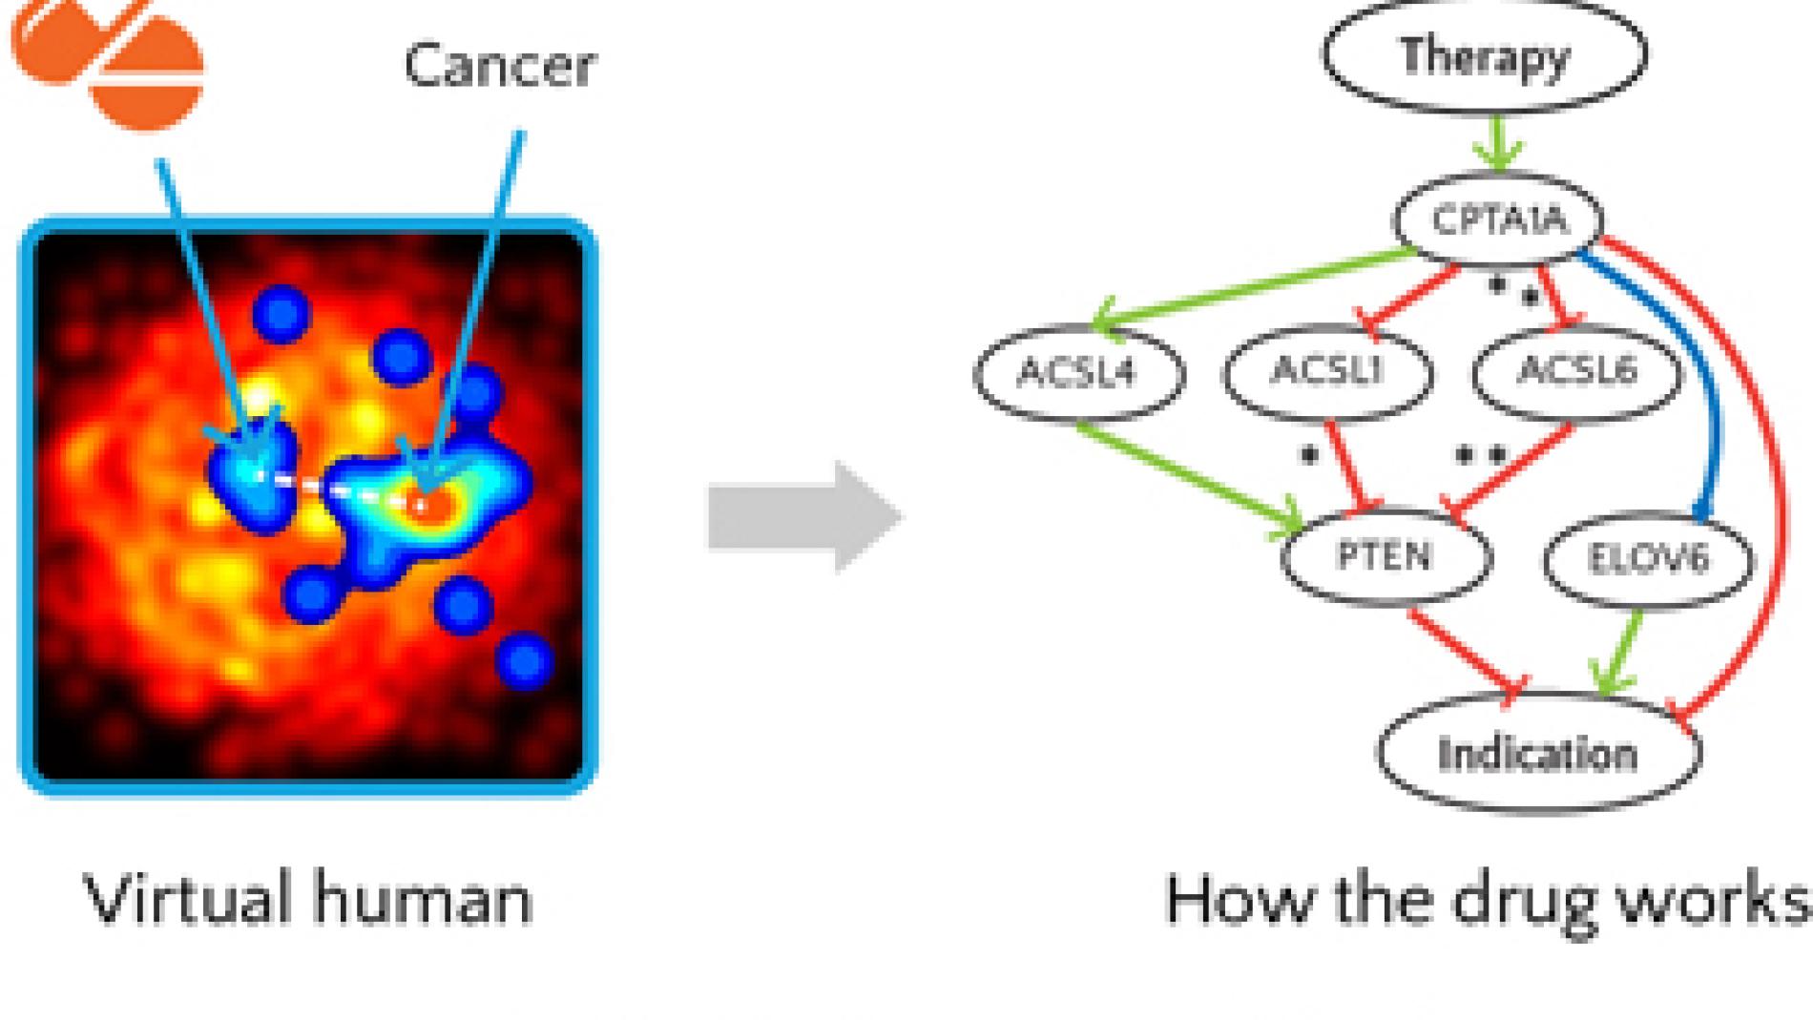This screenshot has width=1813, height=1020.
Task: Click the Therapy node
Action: [x=1484, y=55]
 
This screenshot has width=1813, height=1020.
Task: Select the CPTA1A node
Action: [x=1499, y=220]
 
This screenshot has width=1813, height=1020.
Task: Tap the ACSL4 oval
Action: [x=1078, y=372]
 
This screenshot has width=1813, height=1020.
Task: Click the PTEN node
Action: [x=1385, y=556]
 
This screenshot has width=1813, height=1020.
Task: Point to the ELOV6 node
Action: [x=1648, y=559]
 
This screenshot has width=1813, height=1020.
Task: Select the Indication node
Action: [x=1537, y=754]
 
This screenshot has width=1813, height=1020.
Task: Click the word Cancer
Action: [x=500, y=65]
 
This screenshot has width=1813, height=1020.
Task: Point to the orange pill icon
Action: [x=110, y=57]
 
